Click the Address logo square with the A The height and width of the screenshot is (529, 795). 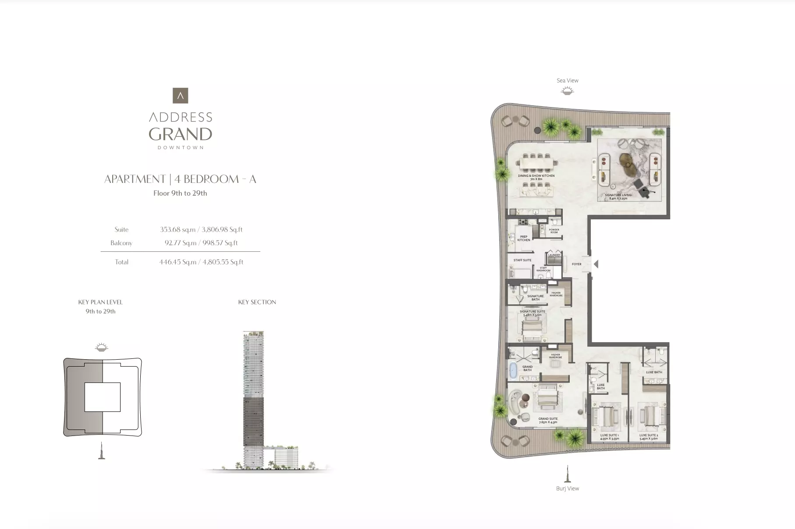coord(180,96)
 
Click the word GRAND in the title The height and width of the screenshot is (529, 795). coord(180,134)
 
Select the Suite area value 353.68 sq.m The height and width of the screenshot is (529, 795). coord(177,229)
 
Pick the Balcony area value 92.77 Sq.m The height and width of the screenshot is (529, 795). coord(180,243)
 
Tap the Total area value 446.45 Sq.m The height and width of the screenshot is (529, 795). coord(177,262)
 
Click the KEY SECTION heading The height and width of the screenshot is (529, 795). coord(257,302)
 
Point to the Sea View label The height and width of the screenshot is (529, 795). coord(567,81)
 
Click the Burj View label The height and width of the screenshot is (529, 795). coord(567,489)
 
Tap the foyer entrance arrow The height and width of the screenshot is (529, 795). coord(596,264)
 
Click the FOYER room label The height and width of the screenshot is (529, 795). coord(576,264)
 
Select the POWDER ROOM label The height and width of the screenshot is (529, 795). coord(554,231)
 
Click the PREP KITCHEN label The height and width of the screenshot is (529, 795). coord(524,238)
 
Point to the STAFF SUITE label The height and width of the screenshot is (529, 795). coord(522,260)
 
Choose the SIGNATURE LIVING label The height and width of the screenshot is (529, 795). coord(618,197)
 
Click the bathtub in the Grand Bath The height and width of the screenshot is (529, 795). coord(513,371)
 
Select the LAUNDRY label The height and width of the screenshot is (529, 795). coord(554,255)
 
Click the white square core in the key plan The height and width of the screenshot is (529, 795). coord(102,397)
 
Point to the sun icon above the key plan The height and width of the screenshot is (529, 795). coord(102,347)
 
